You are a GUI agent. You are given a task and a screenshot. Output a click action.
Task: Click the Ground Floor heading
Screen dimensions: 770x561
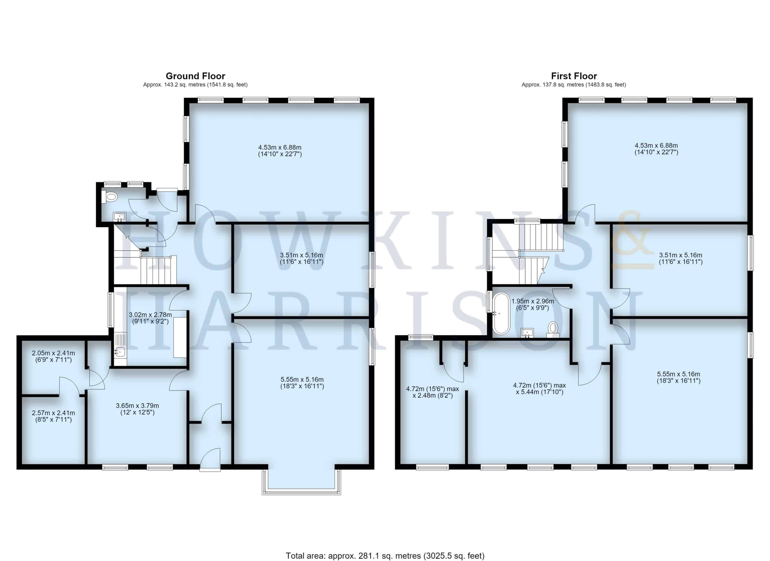point(195,76)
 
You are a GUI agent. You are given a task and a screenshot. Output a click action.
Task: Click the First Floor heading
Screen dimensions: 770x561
point(574,76)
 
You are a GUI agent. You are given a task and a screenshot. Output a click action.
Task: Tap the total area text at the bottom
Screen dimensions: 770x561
point(385,556)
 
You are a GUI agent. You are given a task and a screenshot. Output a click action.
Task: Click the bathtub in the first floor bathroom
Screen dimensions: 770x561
point(501,313)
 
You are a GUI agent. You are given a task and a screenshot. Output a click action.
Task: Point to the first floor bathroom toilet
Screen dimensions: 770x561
point(553,329)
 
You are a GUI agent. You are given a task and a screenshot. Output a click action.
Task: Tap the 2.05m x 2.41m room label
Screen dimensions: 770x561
point(53,356)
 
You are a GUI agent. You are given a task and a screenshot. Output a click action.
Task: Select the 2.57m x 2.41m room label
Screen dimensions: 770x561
point(53,416)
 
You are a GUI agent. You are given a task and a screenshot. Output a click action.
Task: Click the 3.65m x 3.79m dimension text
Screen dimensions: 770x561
point(137,409)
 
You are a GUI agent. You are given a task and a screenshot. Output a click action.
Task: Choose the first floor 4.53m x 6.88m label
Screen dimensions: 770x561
point(656,149)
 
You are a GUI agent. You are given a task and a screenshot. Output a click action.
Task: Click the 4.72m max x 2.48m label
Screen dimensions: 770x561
point(433,392)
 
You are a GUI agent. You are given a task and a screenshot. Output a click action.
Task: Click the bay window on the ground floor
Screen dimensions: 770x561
point(301,482)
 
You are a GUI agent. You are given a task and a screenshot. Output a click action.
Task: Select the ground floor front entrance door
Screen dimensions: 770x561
point(210,460)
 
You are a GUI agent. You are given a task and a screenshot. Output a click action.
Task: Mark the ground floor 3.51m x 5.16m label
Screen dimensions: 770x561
point(301,259)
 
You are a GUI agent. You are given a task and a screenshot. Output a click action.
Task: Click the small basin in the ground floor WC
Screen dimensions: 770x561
point(119,216)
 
